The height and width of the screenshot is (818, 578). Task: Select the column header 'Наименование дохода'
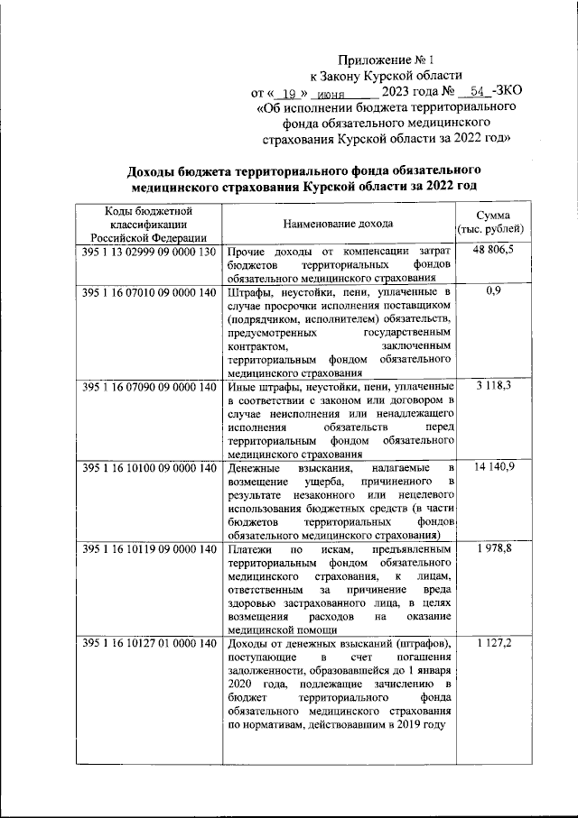pyautogui.click(x=338, y=222)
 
